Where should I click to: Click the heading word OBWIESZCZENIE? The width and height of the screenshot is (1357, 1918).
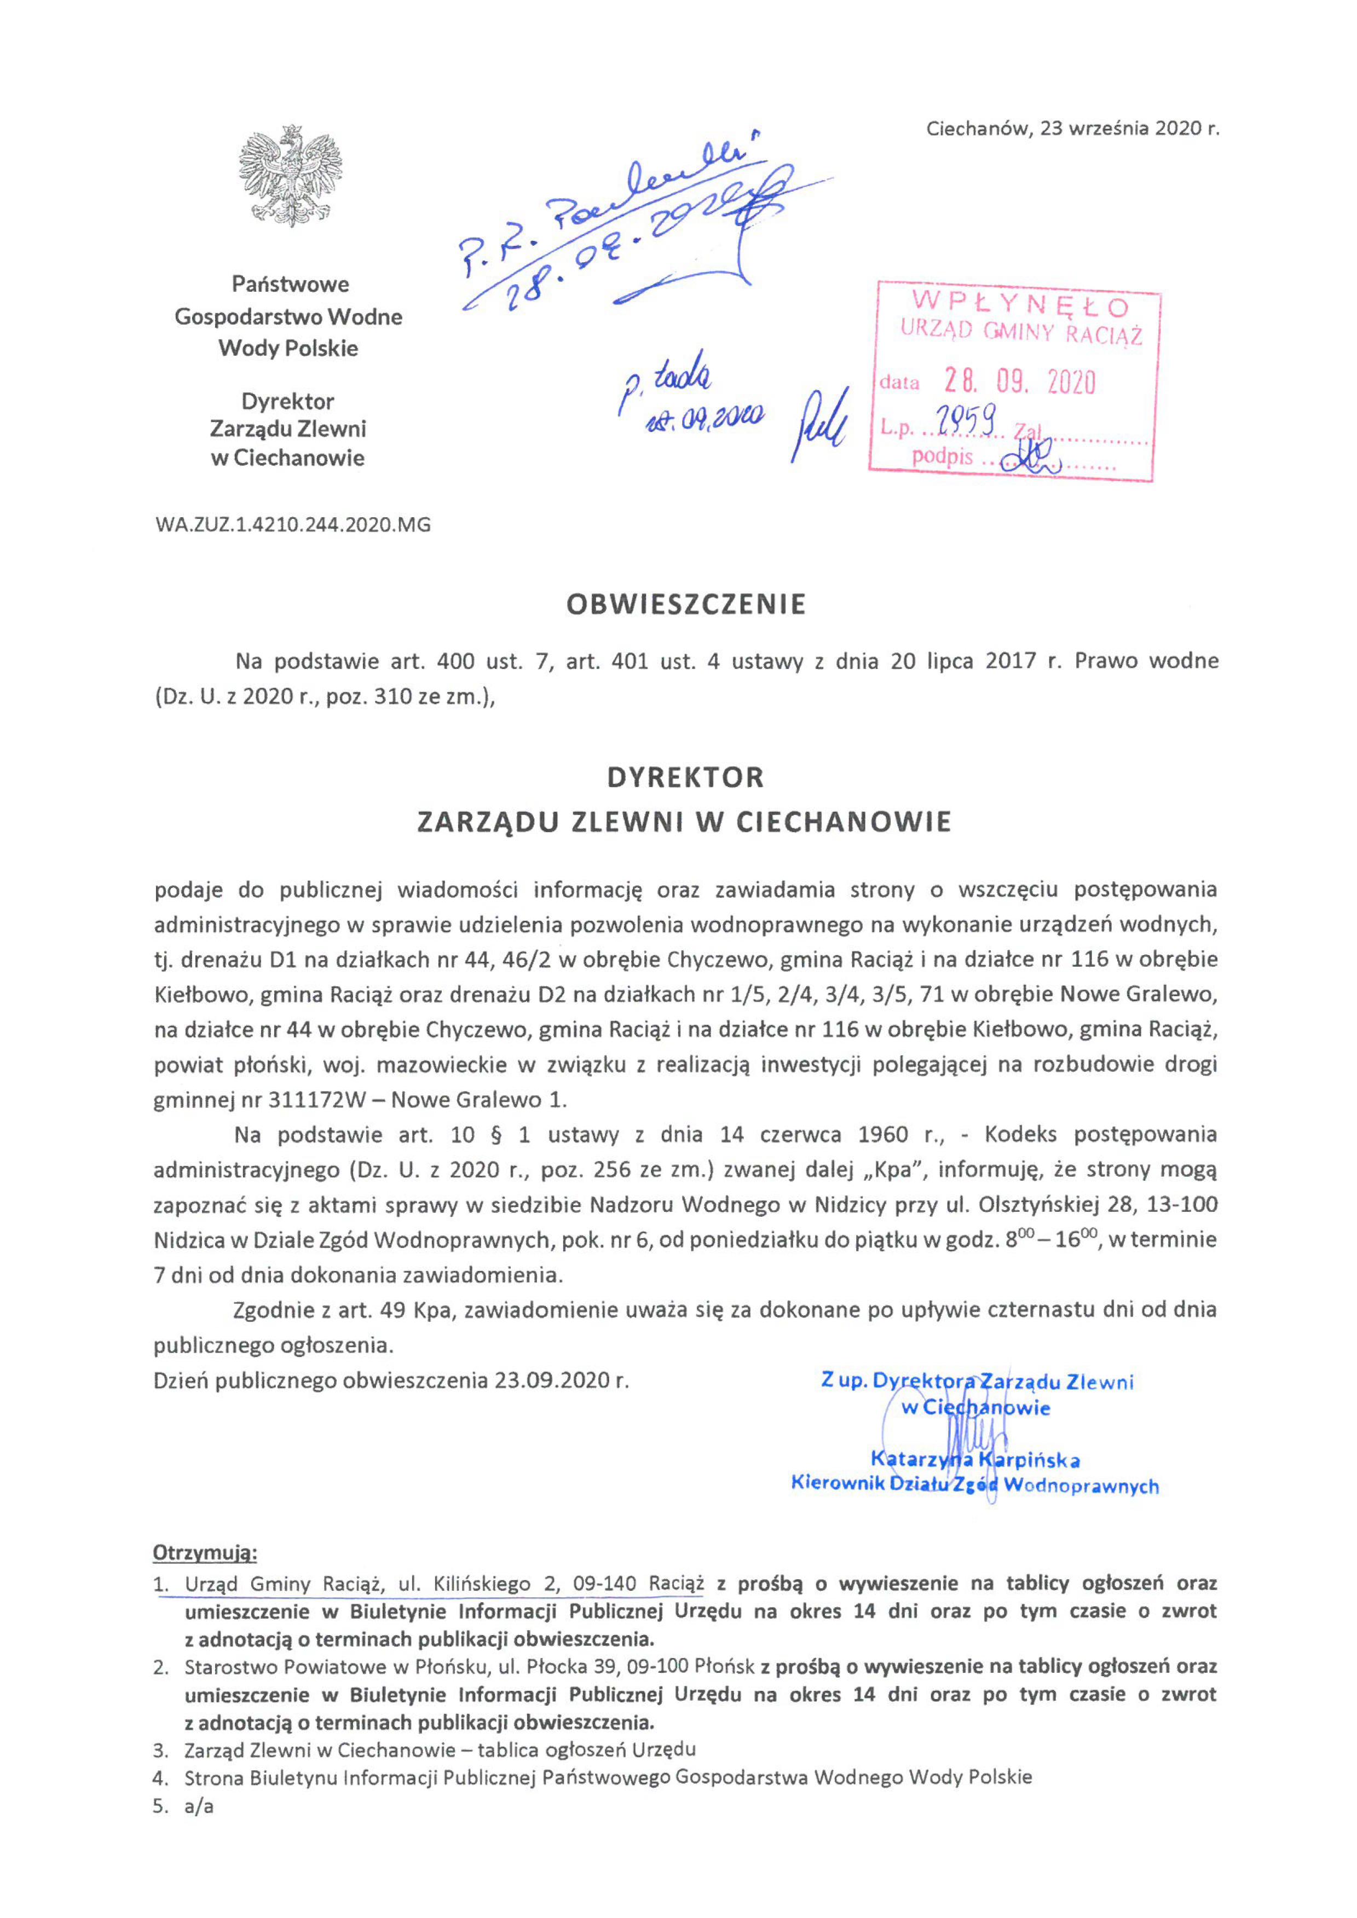(685, 605)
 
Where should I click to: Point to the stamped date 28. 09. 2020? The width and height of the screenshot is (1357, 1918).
(1019, 383)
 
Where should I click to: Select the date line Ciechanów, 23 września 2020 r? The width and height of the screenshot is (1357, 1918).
(1072, 129)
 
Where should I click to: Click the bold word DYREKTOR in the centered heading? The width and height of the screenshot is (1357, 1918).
(685, 778)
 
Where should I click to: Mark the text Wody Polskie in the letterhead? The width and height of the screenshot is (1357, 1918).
(288, 348)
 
